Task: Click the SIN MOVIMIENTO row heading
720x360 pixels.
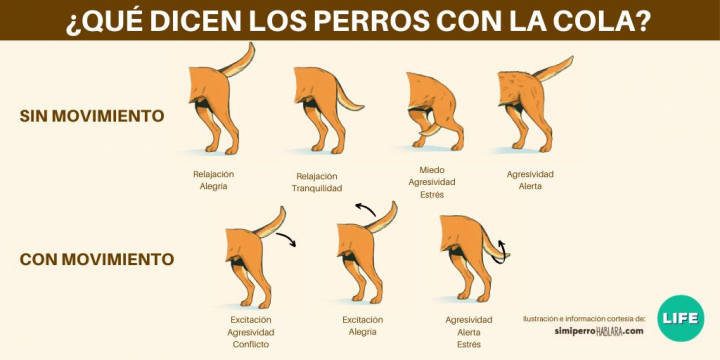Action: (x=92, y=116)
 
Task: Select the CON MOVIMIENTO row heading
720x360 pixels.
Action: (x=97, y=259)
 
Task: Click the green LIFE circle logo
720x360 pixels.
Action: (x=681, y=318)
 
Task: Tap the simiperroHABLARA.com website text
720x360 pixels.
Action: (x=599, y=331)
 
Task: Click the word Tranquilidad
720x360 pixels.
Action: (x=317, y=188)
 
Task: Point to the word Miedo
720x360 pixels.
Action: (x=432, y=170)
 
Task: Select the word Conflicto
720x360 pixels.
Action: (x=251, y=344)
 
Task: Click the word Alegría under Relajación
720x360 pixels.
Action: (x=214, y=187)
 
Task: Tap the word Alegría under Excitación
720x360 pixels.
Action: (x=362, y=332)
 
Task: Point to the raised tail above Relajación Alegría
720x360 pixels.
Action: (x=237, y=61)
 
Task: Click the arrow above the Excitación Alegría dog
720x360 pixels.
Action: (x=366, y=209)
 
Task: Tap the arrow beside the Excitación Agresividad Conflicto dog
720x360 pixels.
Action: (x=287, y=238)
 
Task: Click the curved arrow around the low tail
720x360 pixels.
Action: (x=501, y=253)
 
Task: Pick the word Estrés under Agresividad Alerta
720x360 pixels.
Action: (x=469, y=344)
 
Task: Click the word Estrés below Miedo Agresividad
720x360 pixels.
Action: (x=432, y=194)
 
